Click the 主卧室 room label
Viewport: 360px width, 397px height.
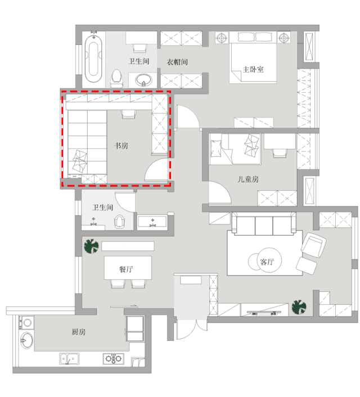click(253, 69)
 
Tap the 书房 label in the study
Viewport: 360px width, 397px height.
click(121, 146)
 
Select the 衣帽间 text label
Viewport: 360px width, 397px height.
click(177, 62)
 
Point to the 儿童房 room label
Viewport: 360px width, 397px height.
click(248, 179)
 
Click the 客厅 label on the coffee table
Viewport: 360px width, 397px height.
click(267, 261)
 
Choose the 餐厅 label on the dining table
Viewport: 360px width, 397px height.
click(126, 269)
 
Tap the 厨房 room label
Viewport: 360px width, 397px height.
click(79, 332)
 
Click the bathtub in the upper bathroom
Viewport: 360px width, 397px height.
click(93, 58)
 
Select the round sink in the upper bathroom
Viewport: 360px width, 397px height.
click(143, 80)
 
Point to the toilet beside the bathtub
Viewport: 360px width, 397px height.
click(116, 78)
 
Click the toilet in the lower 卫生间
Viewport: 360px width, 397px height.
click(120, 222)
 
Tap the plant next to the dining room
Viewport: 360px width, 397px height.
click(91, 246)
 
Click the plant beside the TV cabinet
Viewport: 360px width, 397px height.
click(299, 307)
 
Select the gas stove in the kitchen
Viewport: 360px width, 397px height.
click(114, 359)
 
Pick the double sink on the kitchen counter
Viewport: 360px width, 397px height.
click(69, 359)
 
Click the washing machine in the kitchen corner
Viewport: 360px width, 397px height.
click(27, 323)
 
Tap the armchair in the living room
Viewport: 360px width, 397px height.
click(314, 245)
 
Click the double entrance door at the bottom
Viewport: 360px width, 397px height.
click(192, 329)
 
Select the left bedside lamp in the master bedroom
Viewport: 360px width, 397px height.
click(222, 38)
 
